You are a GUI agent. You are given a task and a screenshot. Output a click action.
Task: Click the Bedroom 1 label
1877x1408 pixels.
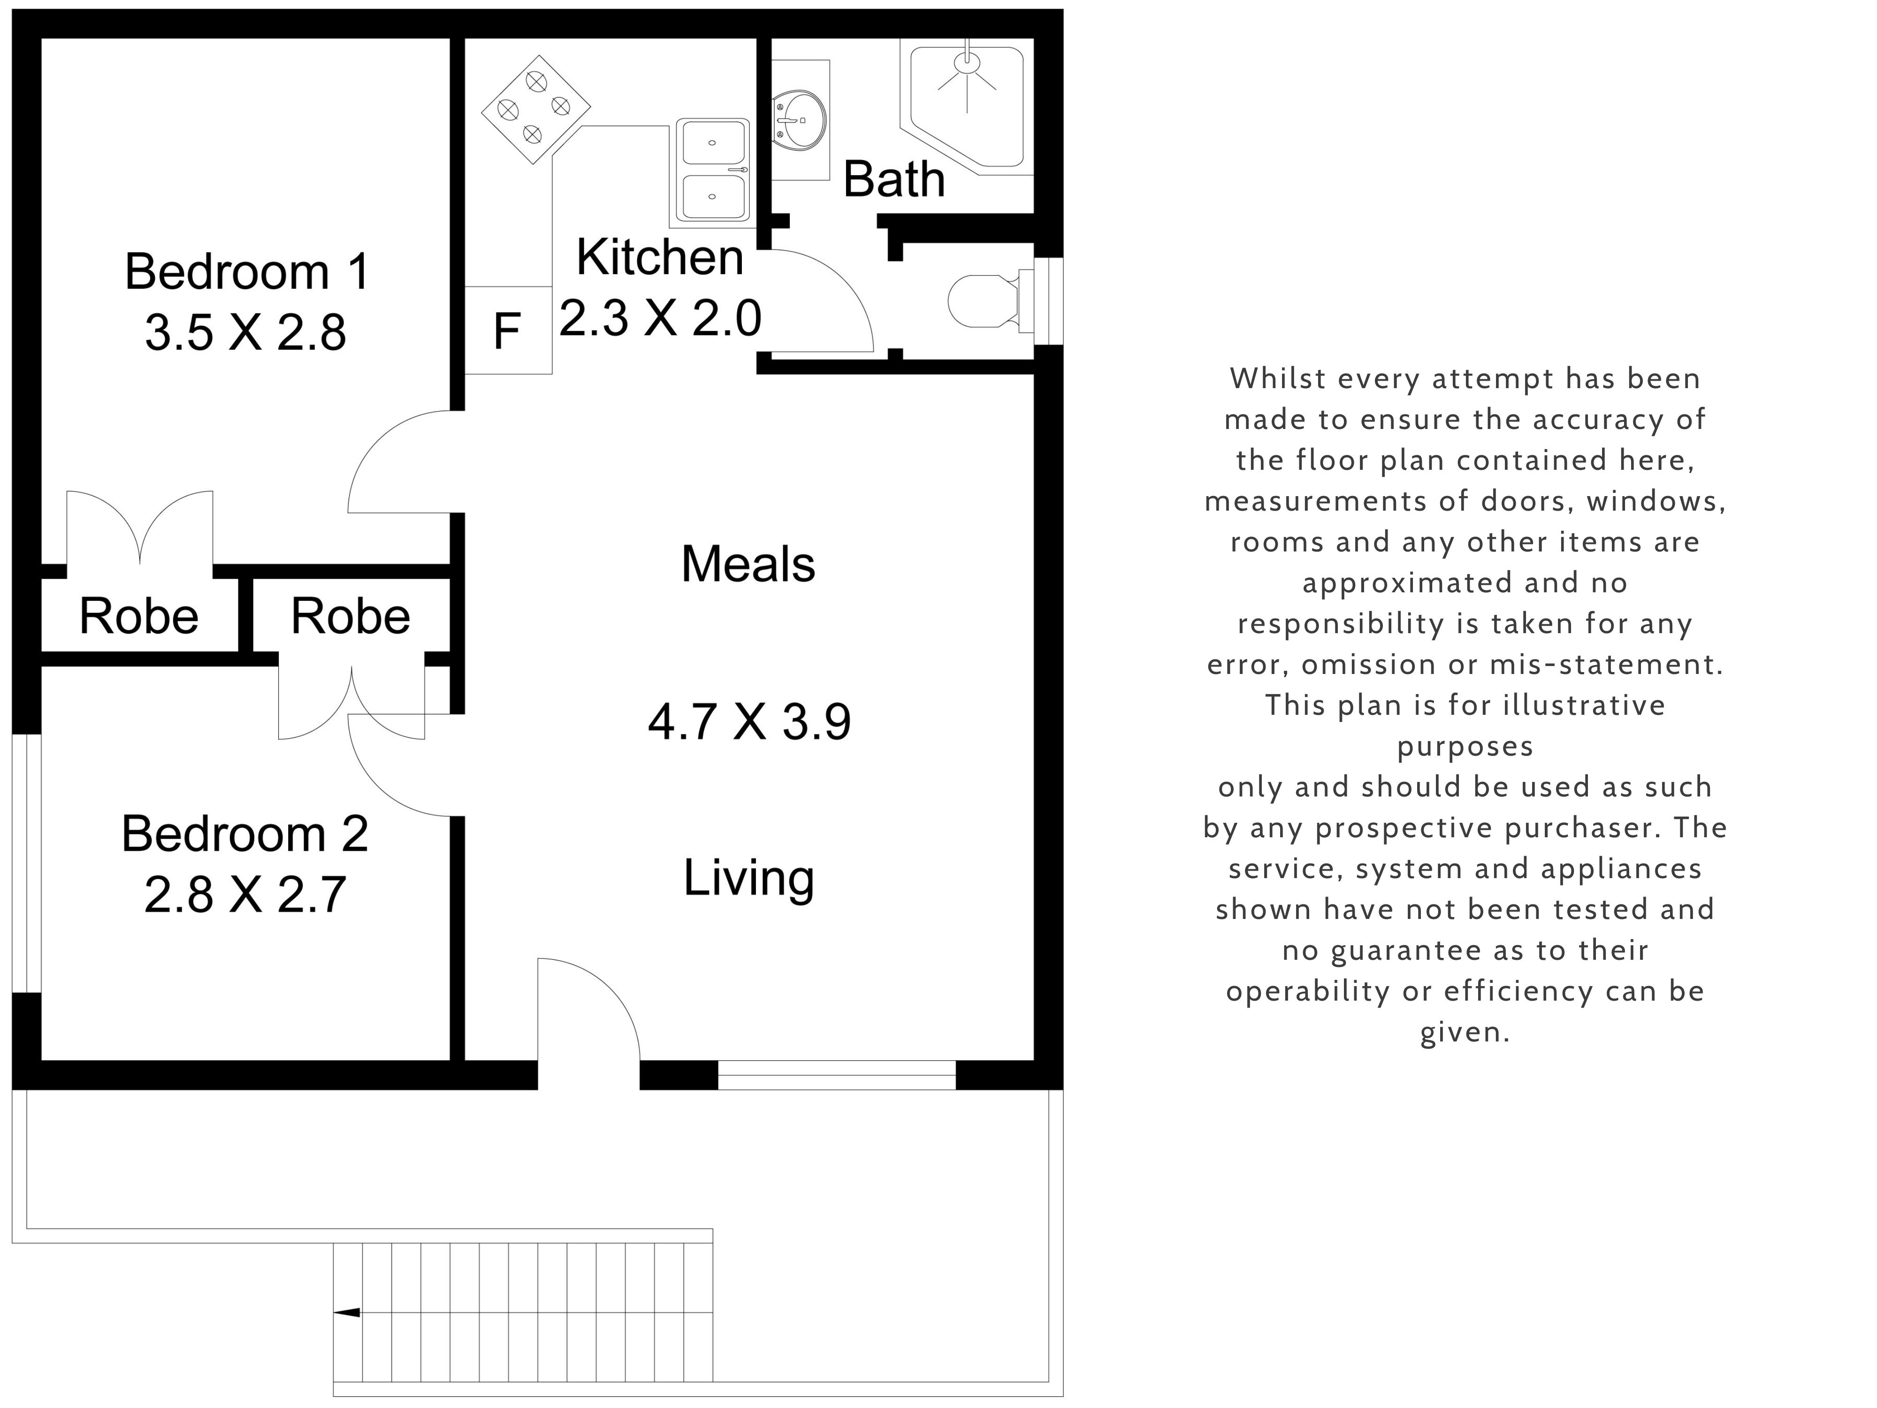247,272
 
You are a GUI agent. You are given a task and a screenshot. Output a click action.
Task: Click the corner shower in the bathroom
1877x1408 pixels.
967,106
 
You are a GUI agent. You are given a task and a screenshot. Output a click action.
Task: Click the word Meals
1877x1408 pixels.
748,565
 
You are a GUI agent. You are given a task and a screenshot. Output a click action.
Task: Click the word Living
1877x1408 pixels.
748,879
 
